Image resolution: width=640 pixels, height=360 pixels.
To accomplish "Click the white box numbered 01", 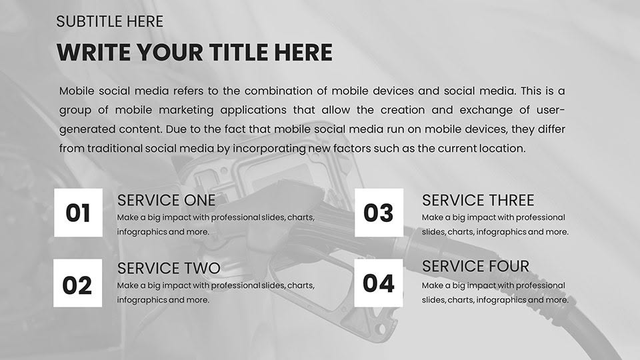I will pos(78,213).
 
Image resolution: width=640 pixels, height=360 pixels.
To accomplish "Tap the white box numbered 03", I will pos(379,213).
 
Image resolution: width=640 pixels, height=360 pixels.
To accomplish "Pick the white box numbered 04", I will pos(379,283).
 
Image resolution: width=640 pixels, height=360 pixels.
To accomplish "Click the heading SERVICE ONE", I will pos(166,200).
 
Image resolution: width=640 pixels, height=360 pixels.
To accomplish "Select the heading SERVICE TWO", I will pos(168,268).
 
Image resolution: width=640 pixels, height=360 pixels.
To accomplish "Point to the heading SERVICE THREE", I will pos(478,200).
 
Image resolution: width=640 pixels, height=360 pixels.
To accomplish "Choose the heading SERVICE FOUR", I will pos(475,267).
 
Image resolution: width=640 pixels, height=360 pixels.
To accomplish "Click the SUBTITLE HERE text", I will pos(110,21).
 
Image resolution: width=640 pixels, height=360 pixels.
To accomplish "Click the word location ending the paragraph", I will pos(502,149).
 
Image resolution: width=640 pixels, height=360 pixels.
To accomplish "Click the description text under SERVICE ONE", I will pos(215,225).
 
